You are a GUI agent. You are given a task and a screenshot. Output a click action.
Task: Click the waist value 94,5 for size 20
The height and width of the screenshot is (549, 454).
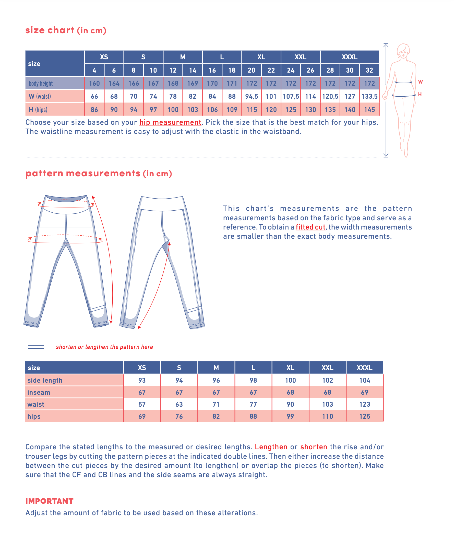click(x=251, y=96)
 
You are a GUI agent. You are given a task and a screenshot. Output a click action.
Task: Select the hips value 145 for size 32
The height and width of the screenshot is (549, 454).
click(x=369, y=110)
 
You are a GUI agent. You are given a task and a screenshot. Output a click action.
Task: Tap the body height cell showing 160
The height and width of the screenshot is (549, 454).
click(x=94, y=83)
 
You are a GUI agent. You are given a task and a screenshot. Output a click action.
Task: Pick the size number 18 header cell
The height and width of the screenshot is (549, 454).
click(x=232, y=70)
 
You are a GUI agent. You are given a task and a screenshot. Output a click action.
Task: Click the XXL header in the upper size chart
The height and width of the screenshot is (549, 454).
click(x=300, y=57)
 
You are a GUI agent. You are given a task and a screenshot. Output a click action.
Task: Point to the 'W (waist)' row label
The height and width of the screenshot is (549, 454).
click(x=40, y=96)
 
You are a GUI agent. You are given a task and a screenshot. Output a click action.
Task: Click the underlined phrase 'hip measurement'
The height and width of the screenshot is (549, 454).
click(x=170, y=122)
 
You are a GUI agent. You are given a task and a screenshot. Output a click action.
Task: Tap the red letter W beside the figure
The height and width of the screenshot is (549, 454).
click(x=420, y=82)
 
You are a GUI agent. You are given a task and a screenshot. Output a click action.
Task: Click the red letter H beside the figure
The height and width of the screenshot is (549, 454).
click(x=420, y=94)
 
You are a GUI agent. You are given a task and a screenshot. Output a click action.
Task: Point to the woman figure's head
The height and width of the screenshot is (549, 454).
click(x=403, y=51)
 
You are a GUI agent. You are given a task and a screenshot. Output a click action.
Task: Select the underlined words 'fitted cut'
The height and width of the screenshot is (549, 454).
click(x=310, y=227)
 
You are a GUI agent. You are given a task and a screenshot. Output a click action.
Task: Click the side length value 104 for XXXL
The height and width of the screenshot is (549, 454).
click(x=364, y=380)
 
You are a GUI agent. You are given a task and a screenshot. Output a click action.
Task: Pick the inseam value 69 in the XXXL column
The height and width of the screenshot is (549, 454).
click(x=364, y=392)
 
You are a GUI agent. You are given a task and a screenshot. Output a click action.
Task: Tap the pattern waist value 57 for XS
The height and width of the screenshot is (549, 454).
click(x=142, y=404)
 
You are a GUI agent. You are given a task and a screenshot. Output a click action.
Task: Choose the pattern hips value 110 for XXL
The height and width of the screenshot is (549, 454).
click(x=327, y=416)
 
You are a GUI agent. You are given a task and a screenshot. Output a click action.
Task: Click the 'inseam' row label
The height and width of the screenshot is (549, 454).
click(x=39, y=392)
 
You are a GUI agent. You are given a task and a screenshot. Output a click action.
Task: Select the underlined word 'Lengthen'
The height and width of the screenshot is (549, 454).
click(x=271, y=447)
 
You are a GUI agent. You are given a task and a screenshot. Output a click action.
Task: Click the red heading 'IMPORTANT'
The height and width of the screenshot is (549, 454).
click(x=49, y=501)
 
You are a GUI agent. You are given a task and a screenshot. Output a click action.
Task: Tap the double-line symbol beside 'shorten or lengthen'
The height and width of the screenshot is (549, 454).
click(x=36, y=347)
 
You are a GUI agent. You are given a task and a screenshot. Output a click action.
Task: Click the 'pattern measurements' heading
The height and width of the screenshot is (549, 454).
click(x=83, y=173)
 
